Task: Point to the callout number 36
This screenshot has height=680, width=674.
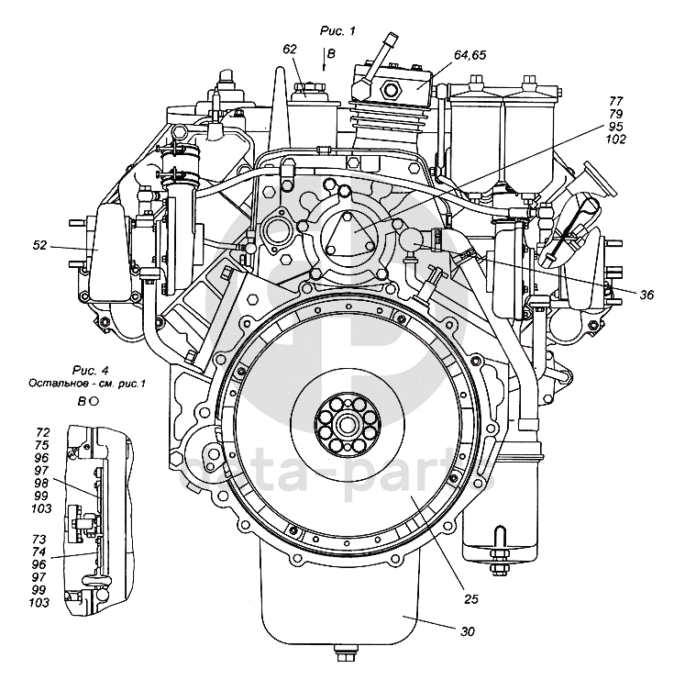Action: [646, 295]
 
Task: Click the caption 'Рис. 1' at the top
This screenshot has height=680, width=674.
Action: [337, 31]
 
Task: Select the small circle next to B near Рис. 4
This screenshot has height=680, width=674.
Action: [94, 401]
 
